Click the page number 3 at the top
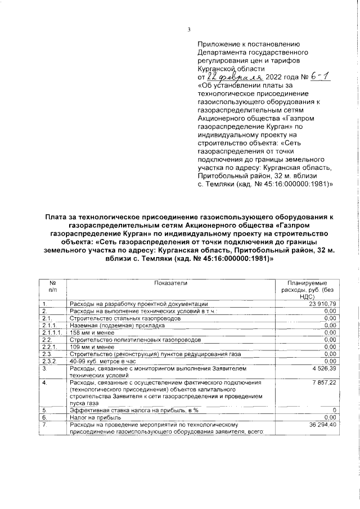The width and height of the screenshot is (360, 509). click(x=190, y=30)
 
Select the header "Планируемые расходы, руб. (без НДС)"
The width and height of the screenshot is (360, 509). click(x=307, y=290)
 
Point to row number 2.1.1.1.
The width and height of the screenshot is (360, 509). click(x=52, y=332)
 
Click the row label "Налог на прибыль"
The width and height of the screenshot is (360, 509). click(x=93, y=418)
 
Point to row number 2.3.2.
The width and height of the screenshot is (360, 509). click(x=50, y=361)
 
